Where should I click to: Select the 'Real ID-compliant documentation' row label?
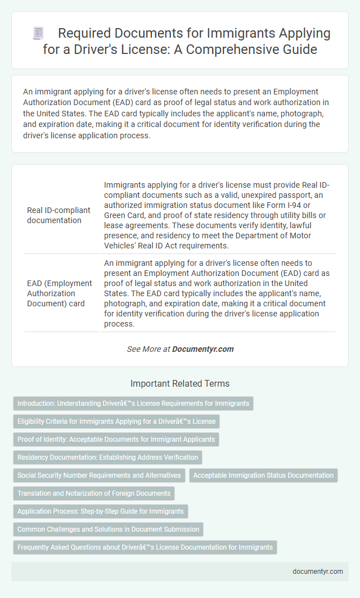click(x=58, y=215)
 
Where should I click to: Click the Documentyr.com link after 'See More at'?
click(x=202, y=349)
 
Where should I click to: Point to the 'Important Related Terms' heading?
click(x=179, y=384)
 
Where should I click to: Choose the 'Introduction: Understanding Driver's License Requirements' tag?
click(x=133, y=404)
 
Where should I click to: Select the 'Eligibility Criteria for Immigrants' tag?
click(x=115, y=422)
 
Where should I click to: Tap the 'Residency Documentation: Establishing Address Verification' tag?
click(x=107, y=457)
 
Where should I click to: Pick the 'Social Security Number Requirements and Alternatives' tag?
click(x=99, y=475)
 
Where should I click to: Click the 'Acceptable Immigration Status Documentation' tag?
click(x=263, y=475)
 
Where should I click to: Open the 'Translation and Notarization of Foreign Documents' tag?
click(x=94, y=493)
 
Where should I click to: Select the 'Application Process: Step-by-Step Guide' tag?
click(x=100, y=511)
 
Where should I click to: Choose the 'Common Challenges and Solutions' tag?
click(x=108, y=529)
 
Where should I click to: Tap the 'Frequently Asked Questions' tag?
click(x=145, y=547)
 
